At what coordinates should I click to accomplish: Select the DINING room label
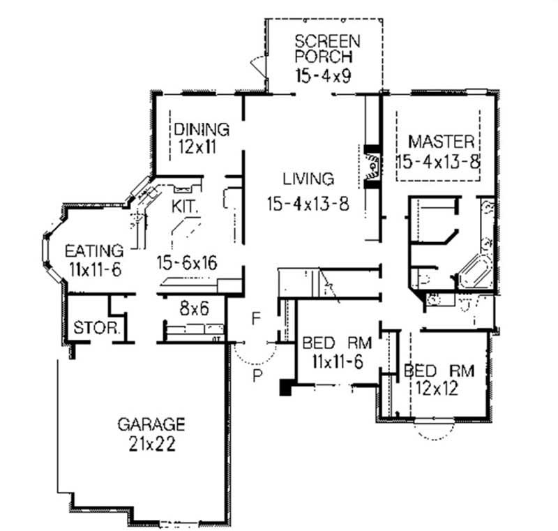tap(202, 130)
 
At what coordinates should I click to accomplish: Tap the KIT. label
tap(186, 207)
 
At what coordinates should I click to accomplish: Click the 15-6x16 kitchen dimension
tap(186, 263)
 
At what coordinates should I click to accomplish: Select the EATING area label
tap(94, 250)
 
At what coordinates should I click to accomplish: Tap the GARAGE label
tap(151, 424)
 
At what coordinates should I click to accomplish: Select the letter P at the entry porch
tap(257, 377)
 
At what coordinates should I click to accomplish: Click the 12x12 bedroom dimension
tap(438, 389)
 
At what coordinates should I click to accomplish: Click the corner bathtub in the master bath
tap(476, 273)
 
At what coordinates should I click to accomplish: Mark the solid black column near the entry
tap(285, 387)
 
